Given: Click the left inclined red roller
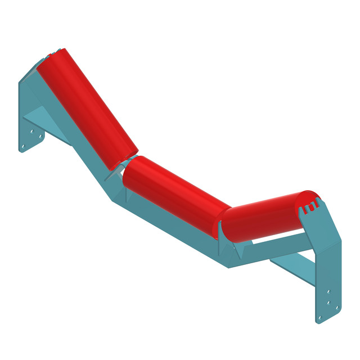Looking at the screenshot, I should (x=87, y=107).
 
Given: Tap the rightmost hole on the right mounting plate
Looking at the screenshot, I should (x=337, y=309).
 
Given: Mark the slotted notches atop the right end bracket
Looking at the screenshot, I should (x=308, y=209).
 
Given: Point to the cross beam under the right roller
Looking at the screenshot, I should (x=281, y=242).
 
